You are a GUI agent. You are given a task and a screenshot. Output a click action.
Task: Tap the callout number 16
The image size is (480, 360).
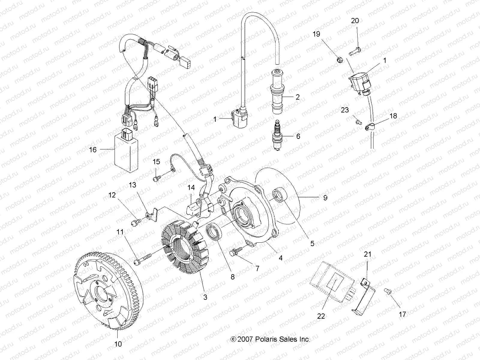[x=93, y=149]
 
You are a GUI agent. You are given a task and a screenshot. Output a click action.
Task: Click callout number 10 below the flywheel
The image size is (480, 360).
[x=118, y=344]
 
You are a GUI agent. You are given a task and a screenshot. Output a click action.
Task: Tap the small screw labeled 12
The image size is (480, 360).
[x=135, y=222]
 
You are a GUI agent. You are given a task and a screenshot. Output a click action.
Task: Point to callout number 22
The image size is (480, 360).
[x=321, y=316]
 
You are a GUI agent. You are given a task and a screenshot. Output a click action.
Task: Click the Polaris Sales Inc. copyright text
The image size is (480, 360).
[x=270, y=339]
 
